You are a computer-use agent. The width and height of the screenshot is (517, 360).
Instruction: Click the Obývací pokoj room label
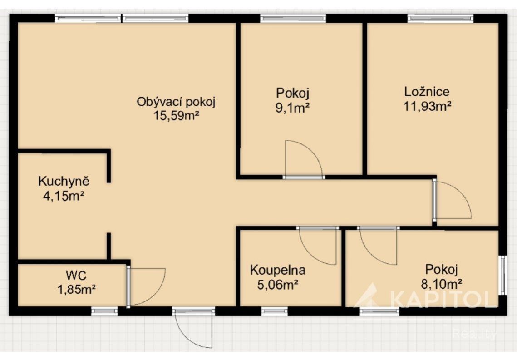176,102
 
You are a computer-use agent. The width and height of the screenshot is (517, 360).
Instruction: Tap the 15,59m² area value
176,116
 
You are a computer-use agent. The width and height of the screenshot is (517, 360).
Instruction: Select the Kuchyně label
64,182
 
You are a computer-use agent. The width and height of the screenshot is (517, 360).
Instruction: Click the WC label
76,275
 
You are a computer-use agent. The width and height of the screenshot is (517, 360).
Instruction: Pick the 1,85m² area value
77,290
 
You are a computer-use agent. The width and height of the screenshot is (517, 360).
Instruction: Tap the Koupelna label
278,270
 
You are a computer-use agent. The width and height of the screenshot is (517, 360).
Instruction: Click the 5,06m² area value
278,285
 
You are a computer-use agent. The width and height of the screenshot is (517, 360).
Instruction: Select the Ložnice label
427,92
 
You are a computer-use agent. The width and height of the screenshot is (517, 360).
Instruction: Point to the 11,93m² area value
427,106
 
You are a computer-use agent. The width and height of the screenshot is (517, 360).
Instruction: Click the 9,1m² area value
293,108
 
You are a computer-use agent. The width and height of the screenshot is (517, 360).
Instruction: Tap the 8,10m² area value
441,284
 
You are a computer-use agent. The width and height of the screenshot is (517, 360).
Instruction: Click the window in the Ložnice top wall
440,19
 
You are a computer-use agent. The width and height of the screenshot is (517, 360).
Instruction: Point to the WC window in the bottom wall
104,311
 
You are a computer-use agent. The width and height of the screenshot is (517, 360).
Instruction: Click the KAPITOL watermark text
443,299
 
